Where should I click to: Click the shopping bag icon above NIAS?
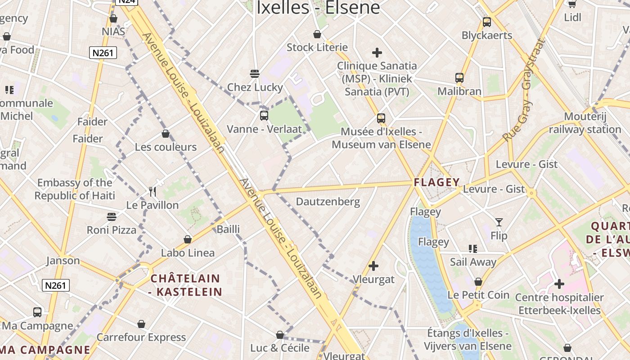point(113,18)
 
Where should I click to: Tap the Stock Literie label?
point(317,47)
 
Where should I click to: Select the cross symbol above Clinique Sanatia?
point(377,53)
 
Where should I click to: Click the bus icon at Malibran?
point(459,78)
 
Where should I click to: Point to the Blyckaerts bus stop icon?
point(486,22)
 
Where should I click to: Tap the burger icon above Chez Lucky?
point(255,74)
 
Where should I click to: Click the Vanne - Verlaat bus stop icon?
point(264,116)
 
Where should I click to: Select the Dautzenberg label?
point(328,202)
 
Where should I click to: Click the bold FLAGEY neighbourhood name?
point(437,182)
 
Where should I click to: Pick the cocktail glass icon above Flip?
point(499,222)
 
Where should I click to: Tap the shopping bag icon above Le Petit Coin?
point(478,282)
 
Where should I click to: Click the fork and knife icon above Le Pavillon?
point(153,192)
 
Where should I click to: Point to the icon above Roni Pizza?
point(112,217)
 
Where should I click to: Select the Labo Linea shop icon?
point(188,239)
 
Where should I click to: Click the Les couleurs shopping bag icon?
point(166,134)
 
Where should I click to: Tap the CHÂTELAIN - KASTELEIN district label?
point(185,285)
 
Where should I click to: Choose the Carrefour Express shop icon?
point(141,324)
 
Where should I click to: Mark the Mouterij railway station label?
point(585,123)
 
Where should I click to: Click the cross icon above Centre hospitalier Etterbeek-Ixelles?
point(559,284)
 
